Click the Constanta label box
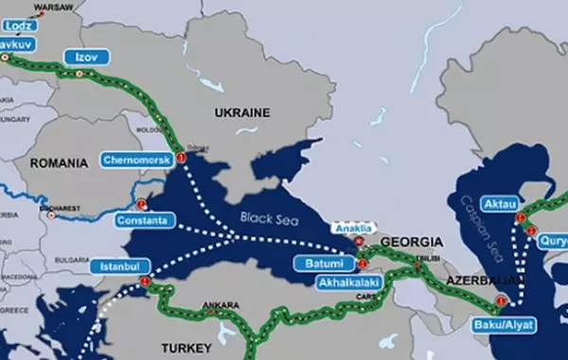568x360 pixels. coord(144,221)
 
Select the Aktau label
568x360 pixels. coord(500,205)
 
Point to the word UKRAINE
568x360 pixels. coord(241,113)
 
